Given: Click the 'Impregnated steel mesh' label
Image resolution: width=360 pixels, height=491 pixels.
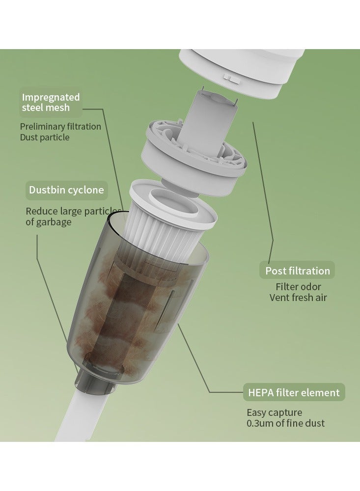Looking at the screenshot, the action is click(51, 102).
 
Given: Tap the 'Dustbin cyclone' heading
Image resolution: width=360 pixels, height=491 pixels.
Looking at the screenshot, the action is click(66, 190).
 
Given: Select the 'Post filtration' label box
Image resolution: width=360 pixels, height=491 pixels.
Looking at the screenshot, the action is click(297, 271).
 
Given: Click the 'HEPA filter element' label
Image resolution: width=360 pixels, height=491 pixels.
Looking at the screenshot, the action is click(294, 392).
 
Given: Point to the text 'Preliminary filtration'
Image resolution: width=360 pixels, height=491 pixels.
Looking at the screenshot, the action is click(60, 127).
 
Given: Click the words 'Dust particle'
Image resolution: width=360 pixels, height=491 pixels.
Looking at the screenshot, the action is click(45, 137).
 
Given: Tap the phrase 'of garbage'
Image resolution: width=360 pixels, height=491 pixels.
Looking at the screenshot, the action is click(49, 222).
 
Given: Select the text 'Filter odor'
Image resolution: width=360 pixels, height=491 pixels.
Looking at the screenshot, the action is click(298, 287).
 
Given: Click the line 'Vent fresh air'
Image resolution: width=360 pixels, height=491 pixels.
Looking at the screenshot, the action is click(298, 298).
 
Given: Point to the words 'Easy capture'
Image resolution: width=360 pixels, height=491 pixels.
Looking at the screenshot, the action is click(275, 412).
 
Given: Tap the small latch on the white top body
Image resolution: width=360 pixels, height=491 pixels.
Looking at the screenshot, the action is click(232, 78).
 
